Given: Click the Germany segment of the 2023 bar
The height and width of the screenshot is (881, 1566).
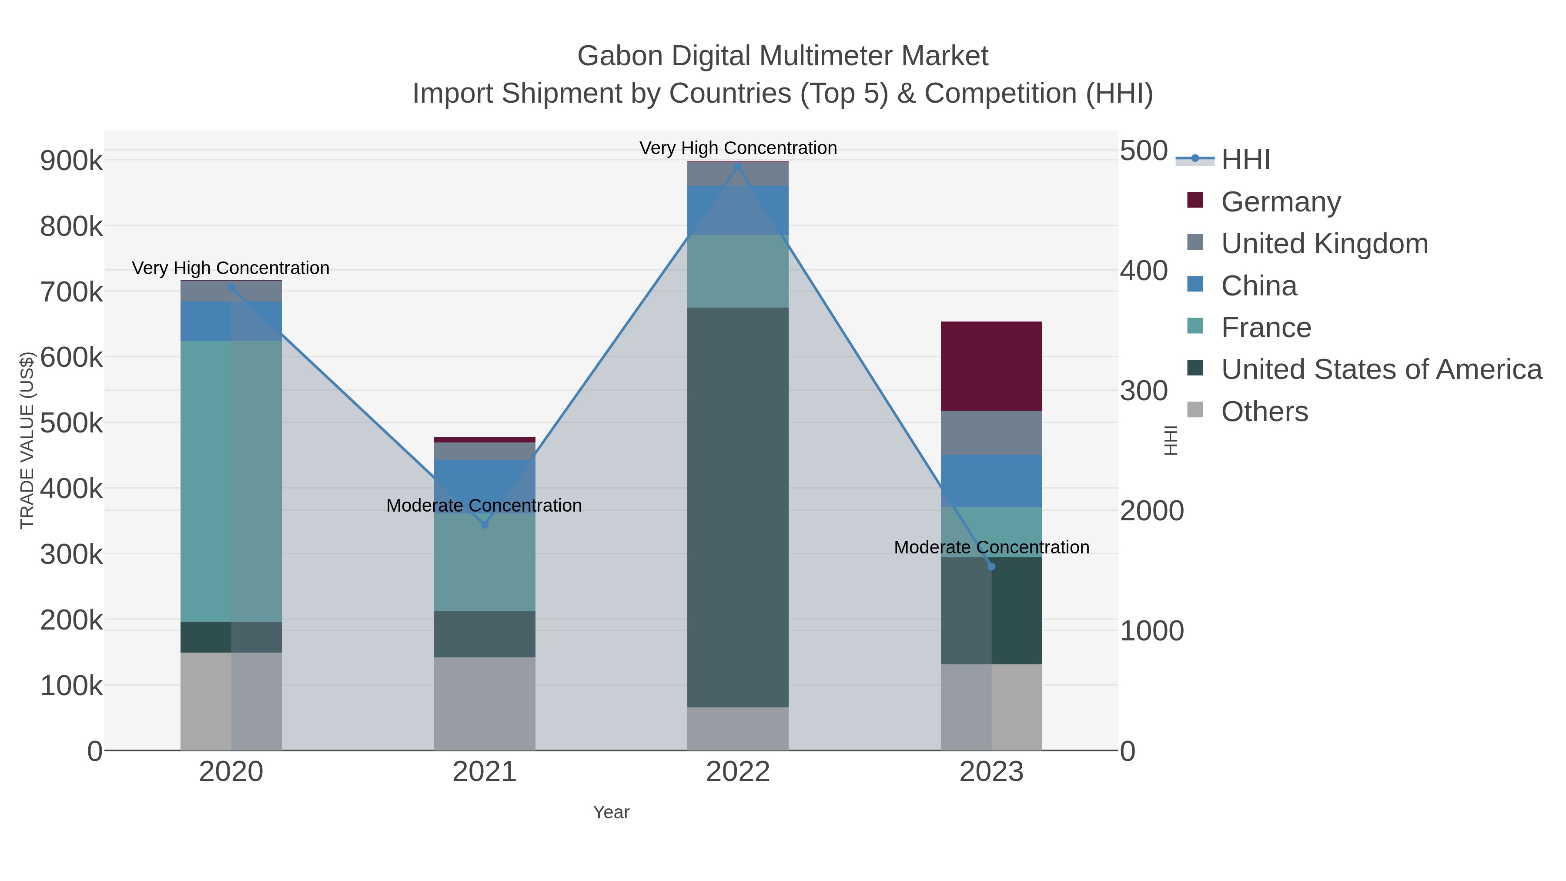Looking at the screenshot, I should pyautogui.click(x=991, y=366).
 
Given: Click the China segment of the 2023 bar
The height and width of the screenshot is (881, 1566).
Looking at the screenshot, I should pyautogui.click(x=991, y=481).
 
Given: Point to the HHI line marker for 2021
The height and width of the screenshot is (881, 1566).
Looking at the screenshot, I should pyautogui.click(x=485, y=524).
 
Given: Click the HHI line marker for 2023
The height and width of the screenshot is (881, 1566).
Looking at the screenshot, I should pyautogui.click(x=991, y=566).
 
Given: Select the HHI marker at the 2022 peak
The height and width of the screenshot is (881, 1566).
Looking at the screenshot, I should pyautogui.click(x=738, y=167).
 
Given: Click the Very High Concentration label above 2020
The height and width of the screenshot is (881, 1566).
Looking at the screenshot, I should pyautogui.click(x=231, y=268).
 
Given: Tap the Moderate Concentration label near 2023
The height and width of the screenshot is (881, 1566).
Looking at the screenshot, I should pyautogui.click(x=991, y=547).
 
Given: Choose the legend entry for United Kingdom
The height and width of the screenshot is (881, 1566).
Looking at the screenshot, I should pyautogui.click(x=1324, y=244).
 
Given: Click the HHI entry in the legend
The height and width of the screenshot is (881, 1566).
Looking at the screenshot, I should pyautogui.click(x=1245, y=160).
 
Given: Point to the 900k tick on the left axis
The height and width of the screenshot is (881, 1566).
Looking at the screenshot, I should pyautogui.click(x=71, y=161).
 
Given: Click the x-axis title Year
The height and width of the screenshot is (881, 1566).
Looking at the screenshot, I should pyautogui.click(x=611, y=812).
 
